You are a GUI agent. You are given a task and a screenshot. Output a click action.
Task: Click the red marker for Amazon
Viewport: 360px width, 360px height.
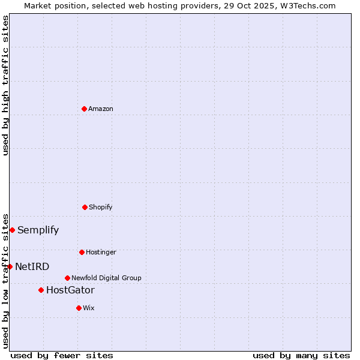[x=84, y=109]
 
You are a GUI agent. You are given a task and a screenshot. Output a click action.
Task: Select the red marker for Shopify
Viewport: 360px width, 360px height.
[x=85, y=207]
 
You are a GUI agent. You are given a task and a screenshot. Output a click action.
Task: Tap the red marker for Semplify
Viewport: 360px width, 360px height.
[x=12, y=230]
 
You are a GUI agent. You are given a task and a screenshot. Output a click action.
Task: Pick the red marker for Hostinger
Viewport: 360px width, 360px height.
[x=82, y=252]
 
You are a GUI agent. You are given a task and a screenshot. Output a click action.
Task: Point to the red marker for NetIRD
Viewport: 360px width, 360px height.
[x=10, y=266]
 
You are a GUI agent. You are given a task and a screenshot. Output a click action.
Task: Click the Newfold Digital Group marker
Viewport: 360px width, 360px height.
[x=67, y=278]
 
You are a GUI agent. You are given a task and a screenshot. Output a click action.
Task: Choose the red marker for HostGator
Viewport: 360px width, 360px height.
[x=41, y=290]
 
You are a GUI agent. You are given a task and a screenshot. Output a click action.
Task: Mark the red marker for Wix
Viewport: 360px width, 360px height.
[x=79, y=308]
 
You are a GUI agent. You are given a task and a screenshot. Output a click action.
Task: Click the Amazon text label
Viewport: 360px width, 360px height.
[x=101, y=109]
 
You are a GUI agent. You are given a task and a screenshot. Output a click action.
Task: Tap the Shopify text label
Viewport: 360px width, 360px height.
[x=101, y=207]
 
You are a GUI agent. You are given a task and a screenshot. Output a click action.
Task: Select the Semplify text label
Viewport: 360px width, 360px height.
[x=38, y=230]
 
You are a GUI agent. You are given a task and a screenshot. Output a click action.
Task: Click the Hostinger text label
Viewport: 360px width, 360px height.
[x=101, y=252]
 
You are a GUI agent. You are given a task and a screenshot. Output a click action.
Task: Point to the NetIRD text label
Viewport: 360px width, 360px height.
[x=32, y=266]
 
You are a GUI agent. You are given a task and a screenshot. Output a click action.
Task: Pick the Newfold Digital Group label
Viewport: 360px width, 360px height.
[x=106, y=278]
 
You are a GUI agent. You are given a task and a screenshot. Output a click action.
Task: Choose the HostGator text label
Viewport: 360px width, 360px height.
[x=70, y=290]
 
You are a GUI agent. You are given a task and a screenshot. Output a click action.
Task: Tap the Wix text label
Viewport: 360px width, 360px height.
[x=89, y=308]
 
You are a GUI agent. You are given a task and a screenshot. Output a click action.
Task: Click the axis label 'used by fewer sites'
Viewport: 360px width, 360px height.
[x=62, y=355]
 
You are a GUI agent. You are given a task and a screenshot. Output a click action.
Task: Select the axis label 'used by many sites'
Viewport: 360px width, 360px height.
[x=301, y=355]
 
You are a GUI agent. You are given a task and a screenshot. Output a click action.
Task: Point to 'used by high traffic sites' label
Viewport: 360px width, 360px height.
[x=5, y=85]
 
